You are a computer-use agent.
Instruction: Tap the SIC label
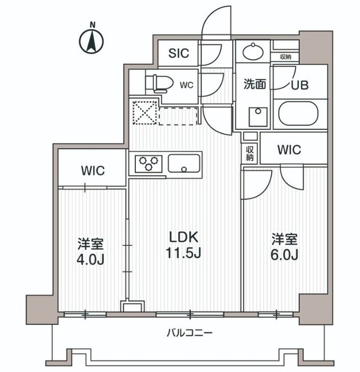click(179, 53)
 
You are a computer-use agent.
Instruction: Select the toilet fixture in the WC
click(159, 83)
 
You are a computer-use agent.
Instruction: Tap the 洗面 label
click(254, 84)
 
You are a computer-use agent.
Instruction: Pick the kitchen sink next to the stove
click(184, 164)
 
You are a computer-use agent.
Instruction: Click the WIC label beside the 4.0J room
click(92, 171)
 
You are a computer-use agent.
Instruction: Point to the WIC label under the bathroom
click(289, 150)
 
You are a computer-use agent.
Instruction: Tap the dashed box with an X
click(143, 112)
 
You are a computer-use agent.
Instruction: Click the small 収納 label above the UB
click(285, 56)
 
